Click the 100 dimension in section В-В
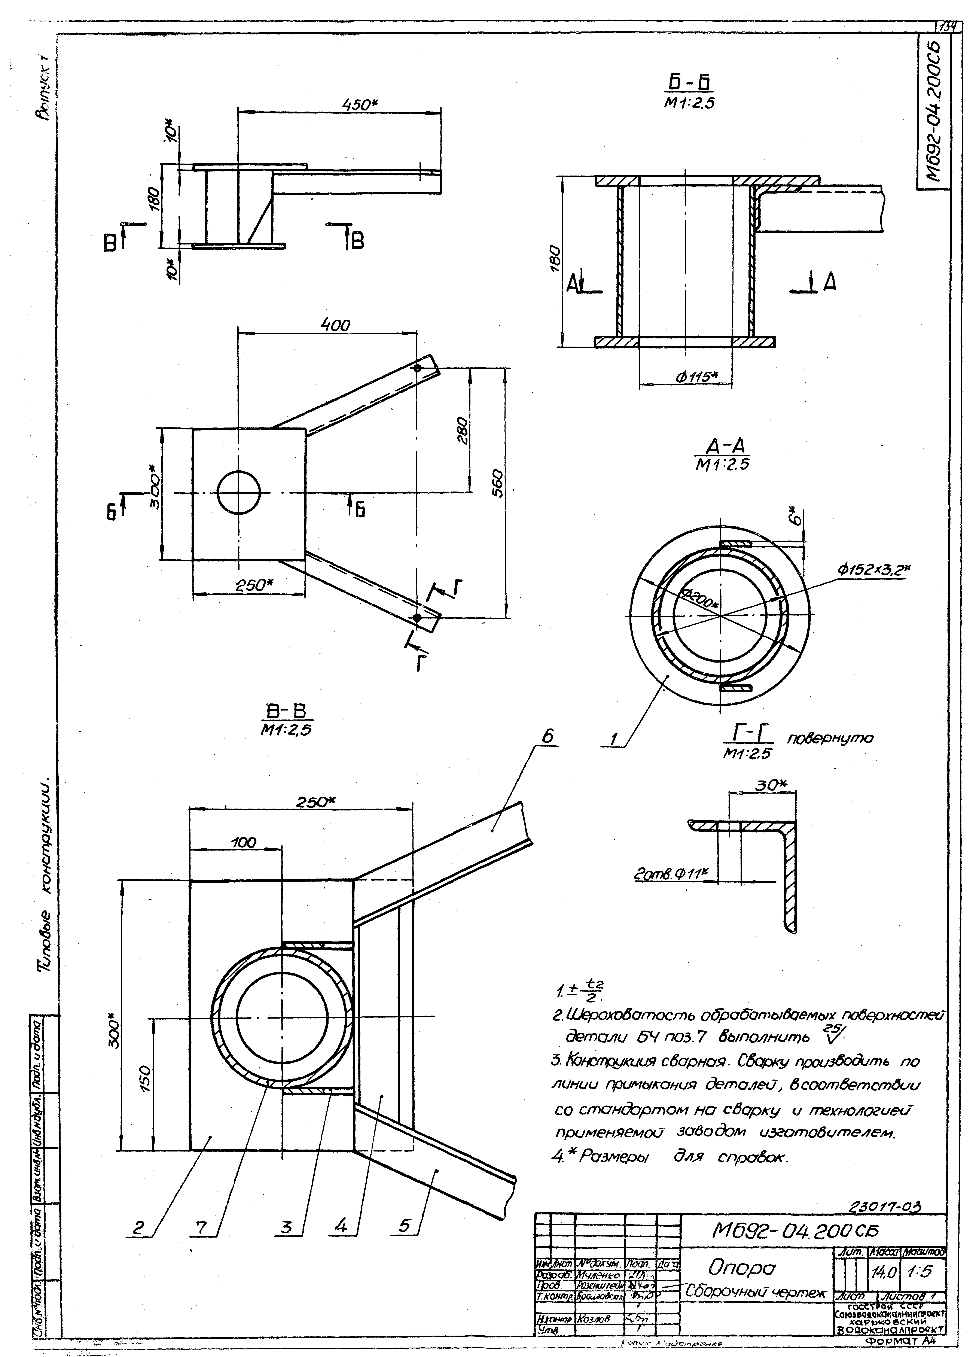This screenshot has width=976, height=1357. (x=243, y=842)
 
